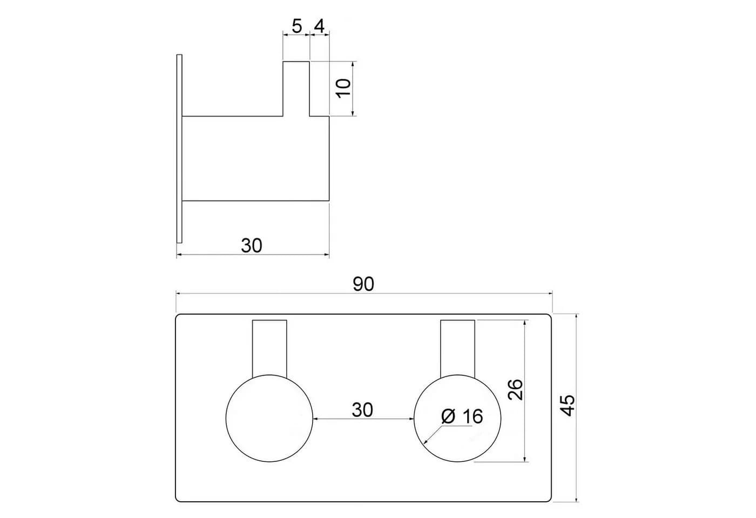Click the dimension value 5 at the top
(x=296, y=26)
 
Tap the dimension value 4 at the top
(x=319, y=26)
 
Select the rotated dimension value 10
(x=344, y=88)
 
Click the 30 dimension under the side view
(x=252, y=246)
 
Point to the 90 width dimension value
(x=363, y=284)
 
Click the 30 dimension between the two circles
(x=362, y=410)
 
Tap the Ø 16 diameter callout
(x=462, y=417)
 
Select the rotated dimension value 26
(x=515, y=390)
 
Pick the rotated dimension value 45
(x=568, y=406)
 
